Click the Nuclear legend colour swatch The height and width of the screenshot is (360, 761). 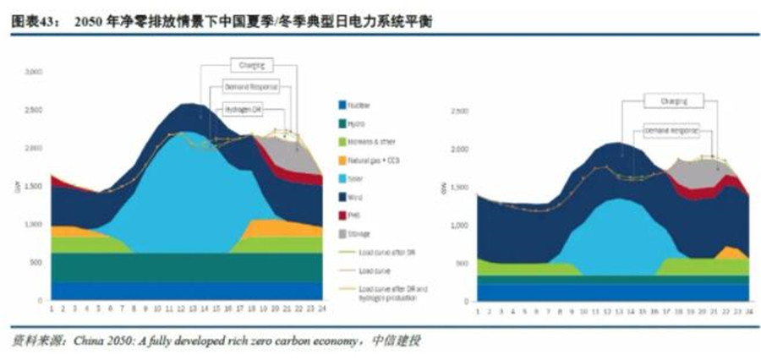[x=343, y=106]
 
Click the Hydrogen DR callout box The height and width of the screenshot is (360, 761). [x=246, y=108]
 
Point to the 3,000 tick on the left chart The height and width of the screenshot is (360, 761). [x=34, y=74]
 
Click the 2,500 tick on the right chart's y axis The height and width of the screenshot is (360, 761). [x=459, y=111]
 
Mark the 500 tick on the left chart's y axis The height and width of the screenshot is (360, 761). [x=36, y=262]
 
